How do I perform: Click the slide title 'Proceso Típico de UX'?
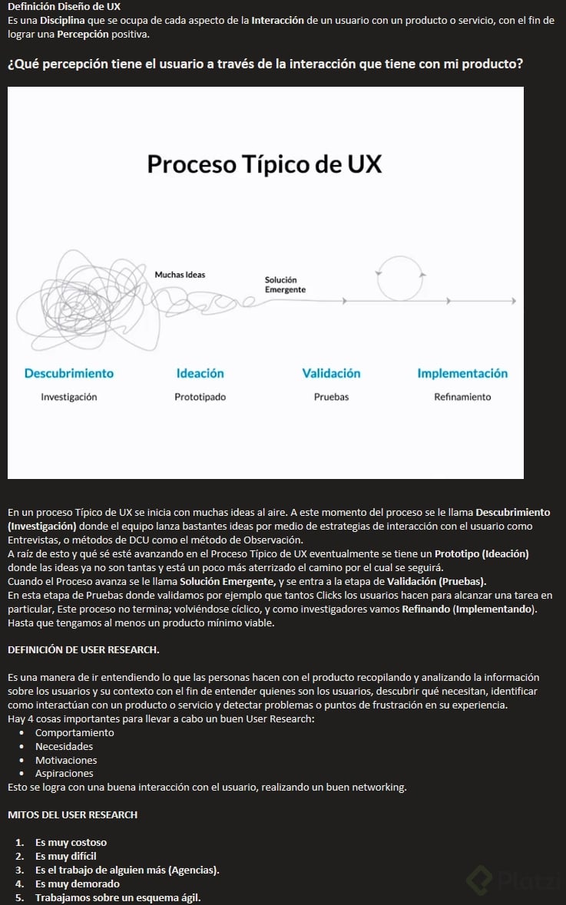click(x=264, y=164)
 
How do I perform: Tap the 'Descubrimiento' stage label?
click(x=69, y=373)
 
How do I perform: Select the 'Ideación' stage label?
click(x=200, y=373)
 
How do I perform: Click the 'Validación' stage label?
click(x=331, y=373)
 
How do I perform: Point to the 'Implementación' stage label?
click(x=462, y=373)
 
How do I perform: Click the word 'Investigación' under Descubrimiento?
click(x=69, y=397)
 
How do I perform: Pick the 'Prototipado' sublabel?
click(x=200, y=397)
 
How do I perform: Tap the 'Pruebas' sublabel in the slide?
click(x=331, y=397)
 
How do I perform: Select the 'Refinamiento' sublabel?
click(x=462, y=397)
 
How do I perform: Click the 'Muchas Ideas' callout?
click(x=180, y=275)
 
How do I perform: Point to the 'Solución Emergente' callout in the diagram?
click(x=285, y=285)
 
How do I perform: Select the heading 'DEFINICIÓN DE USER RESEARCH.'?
click(x=83, y=650)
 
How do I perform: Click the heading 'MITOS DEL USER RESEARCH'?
click(x=72, y=814)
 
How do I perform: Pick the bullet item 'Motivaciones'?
click(x=66, y=760)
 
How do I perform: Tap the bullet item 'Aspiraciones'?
click(x=65, y=774)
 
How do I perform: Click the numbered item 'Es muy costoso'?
click(x=71, y=842)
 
